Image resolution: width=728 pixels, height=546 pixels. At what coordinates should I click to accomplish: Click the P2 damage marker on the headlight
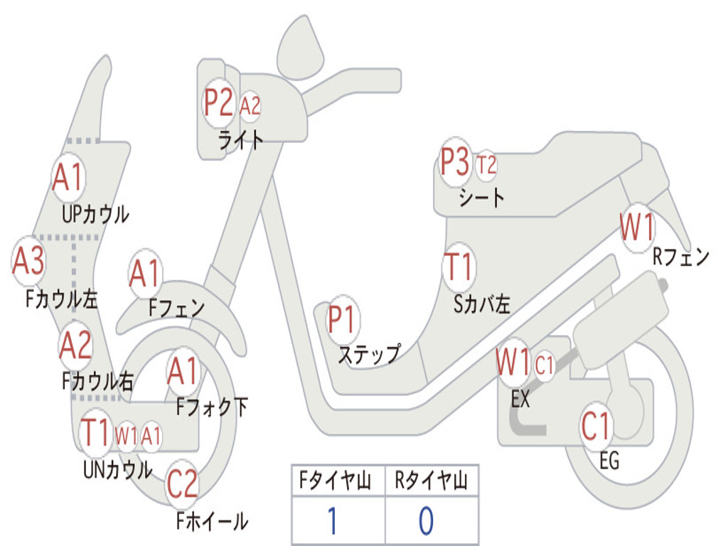218,103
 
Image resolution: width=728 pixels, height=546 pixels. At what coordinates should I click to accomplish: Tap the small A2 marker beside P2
250,107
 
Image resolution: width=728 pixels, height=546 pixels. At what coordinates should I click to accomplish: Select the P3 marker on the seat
455,162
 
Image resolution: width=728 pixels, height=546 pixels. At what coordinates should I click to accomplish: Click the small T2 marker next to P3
486,165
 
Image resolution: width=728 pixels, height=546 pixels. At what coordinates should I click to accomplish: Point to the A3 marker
28,261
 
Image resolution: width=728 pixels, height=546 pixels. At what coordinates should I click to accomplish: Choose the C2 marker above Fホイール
182,483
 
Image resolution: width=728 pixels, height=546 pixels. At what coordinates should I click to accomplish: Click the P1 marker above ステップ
342,319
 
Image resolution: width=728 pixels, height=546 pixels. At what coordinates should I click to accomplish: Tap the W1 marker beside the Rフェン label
637,227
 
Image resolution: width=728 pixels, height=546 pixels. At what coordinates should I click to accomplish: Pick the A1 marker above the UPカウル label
68,177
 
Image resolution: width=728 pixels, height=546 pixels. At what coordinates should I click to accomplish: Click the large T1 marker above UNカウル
95,432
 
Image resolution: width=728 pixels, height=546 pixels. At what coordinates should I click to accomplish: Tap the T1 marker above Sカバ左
459,267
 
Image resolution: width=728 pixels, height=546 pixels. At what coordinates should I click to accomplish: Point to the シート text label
481,198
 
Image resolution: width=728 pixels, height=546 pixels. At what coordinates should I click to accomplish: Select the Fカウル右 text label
98,381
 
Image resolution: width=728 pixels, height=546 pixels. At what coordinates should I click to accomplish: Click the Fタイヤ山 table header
336,481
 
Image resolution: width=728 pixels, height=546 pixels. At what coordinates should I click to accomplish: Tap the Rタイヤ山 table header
431,481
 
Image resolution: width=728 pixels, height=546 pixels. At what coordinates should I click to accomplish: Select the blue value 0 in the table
427,520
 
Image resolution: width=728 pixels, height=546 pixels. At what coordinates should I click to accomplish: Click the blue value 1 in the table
332,520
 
